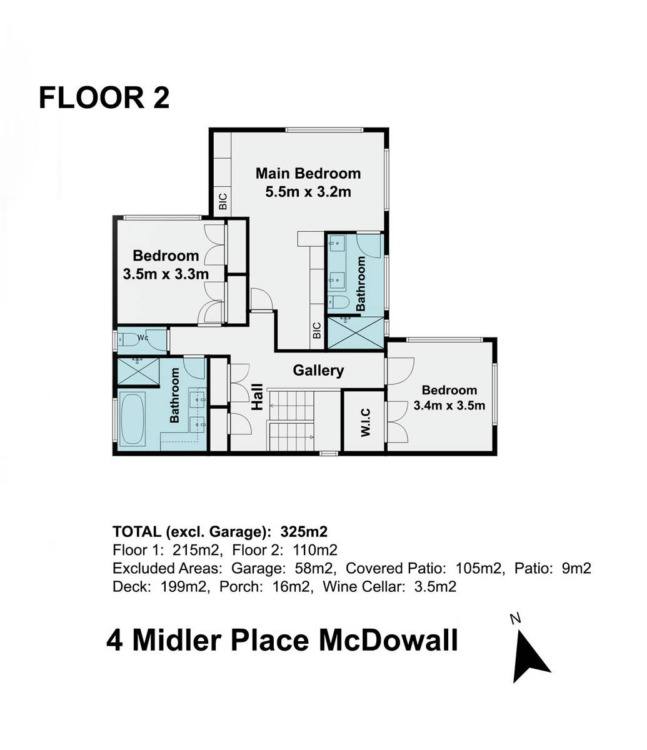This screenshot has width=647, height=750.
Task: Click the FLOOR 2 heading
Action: tap(104, 97)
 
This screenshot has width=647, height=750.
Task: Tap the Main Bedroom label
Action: tap(308, 173)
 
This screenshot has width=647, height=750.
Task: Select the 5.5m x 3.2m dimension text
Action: tap(308, 192)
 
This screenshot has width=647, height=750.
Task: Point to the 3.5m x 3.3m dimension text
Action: tap(166, 274)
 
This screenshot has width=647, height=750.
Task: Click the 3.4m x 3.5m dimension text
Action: tap(449, 405)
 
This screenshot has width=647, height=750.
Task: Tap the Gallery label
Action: tap(318, 371)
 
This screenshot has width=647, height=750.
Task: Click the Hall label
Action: tap(258, 397)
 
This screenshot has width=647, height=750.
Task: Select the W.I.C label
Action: tap(366, 422)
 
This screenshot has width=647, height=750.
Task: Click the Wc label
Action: tap(143, 337)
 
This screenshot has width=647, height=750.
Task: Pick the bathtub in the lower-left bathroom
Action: tap(132, 418)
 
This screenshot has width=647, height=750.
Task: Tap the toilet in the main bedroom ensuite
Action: tap(338, 301)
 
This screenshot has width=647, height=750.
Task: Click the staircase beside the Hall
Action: tap(291, 421)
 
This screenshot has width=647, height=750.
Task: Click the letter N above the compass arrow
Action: tap(515, 618)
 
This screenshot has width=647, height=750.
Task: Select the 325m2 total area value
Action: tap(304, 532)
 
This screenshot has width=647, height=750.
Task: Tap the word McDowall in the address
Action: tap(388, 641)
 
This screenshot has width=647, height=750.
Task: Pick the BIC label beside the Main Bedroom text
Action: tap(223, 201)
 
